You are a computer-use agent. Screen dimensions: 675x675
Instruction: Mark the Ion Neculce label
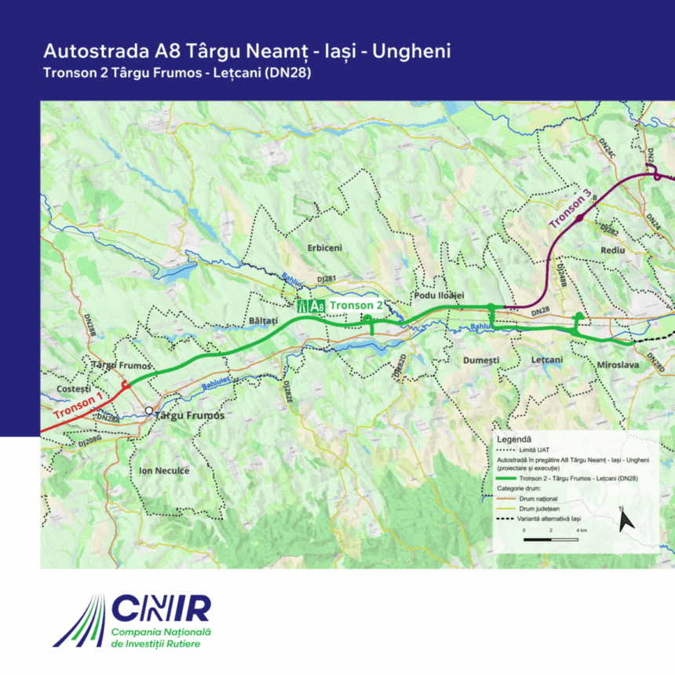click(x=164, y=471)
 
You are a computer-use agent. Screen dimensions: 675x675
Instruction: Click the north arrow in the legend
click(x=626, y=520)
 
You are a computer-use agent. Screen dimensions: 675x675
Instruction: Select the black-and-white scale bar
click(x=552, y=540)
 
